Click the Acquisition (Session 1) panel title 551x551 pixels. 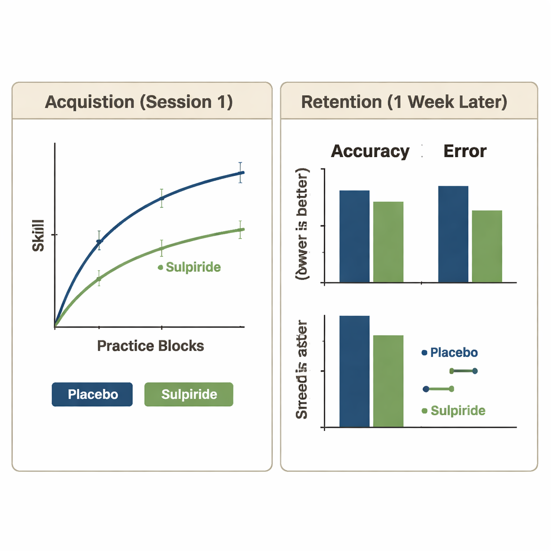[x=139, y=102]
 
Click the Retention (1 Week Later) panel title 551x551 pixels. [x=404, y=102]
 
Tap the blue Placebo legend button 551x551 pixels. [x=92, y=394]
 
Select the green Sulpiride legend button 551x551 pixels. [x=189, y=394]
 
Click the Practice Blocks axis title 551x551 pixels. [x=150, y=345]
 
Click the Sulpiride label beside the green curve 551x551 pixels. [x=193, y=267]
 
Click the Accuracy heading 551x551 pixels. [x=370, y=151]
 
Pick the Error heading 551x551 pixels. [x=465, y=151]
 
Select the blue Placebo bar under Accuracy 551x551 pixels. [x=354, y=236]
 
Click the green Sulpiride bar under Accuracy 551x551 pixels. [x=388, y=242]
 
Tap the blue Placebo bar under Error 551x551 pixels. [x=453, y=234]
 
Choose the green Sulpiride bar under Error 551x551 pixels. [x=487, y=246]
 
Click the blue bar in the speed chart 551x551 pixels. [x=354, y=371]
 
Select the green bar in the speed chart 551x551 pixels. [x=388, y=381]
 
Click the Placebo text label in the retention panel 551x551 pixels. [x=454, y=353]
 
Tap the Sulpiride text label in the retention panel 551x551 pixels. [x=458, y=411]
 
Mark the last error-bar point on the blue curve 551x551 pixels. [x=240, y=173]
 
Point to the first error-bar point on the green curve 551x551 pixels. [x=98, y=278]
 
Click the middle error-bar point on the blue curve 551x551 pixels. [x=161, y=198]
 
